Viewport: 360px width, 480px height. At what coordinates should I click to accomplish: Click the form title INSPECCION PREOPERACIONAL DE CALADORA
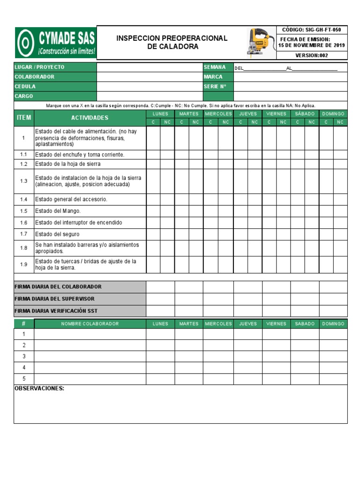pyautogui.click(x=172, y=42)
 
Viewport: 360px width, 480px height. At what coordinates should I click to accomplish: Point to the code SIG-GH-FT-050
pyautogui.click(x=311, y=30)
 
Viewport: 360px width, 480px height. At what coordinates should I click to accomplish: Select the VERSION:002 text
pyautogui.click(x=311, y=55)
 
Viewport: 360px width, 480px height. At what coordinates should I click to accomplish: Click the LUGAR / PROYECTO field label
pyautogui.click(x=40, y=67)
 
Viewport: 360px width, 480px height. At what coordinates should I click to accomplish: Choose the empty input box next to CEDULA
pyautogui.click(x=150, y=86)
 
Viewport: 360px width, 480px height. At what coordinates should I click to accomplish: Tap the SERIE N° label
pyautogui.click(x=215, y=86)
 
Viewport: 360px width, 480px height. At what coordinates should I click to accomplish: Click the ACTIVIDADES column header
pyautogui.click(x=90, y=118)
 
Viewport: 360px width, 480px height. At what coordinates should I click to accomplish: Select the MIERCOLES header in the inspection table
pyautogui.click(x=218, y=114)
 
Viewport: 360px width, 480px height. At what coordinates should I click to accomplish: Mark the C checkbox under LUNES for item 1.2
pyautogui.click(x=153, y=164)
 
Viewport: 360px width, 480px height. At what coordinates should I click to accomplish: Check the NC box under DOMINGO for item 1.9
pyautogui.click(x=340, y=264)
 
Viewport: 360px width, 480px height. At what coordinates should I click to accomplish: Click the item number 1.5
pyautogui.click(x=24, y=211)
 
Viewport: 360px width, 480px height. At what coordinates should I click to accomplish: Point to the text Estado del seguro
pyautogui.click(x=58, y=234)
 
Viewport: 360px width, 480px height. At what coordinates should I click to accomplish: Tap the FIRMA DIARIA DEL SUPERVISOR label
pyautogui.click(x=55, y=299)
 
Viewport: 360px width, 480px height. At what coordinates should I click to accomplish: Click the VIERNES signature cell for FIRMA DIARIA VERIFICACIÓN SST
pyautogui.click(x=276, y=311)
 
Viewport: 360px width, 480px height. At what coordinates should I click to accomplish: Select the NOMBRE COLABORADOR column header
pyautogui.click(x=90, y=324)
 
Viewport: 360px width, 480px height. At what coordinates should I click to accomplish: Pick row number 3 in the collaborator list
pyautogui.click(x=24, y=356)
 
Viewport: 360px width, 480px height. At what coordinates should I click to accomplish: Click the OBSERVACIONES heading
pyautogui.click(x=39, y=389)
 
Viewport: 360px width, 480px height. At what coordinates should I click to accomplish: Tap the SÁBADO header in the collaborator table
pyautogui.click(x=305, y=324)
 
